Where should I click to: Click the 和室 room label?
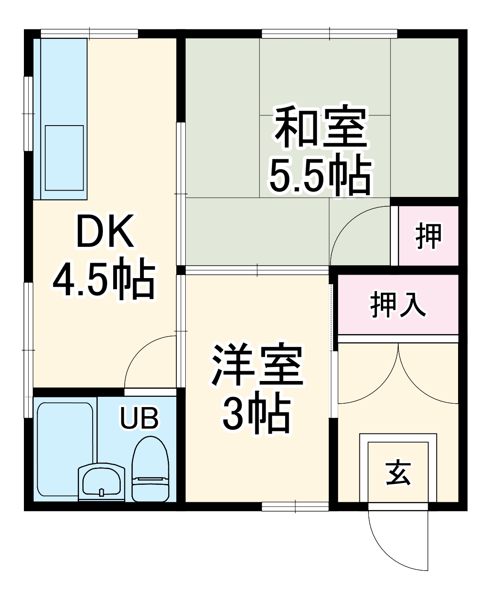[321, 127]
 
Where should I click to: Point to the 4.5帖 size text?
[103, 278]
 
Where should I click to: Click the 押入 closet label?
[397, 305]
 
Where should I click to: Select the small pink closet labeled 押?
[428, 235]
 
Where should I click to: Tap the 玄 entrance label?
[398, 473]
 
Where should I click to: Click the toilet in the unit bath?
[150, 469]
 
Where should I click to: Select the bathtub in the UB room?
[65, 448]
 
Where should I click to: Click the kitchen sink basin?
[64, 158]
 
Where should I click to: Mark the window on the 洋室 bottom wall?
[295, 507]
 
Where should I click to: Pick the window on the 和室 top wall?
[329, 33]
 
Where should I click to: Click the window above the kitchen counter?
[89, 33]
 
